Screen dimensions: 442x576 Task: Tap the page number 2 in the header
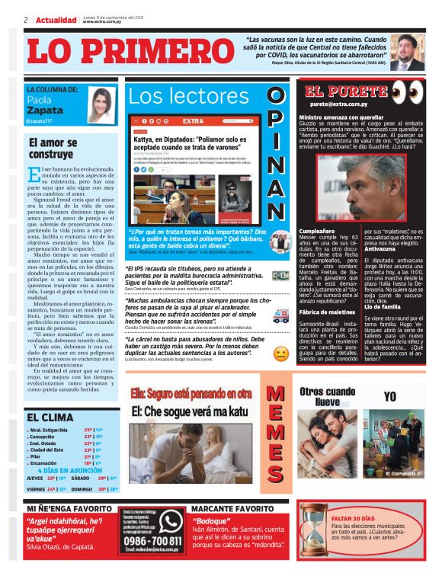click(x=26, y=20)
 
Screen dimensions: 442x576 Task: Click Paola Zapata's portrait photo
click(x=101, y=105)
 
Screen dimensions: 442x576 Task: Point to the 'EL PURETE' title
click(x=347, y=92)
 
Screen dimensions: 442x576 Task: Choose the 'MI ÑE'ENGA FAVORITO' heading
click(x=71, y=507)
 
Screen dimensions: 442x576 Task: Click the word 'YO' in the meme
click(x=389, y=397)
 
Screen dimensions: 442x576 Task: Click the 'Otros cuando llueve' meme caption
click(x=327, y=395)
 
